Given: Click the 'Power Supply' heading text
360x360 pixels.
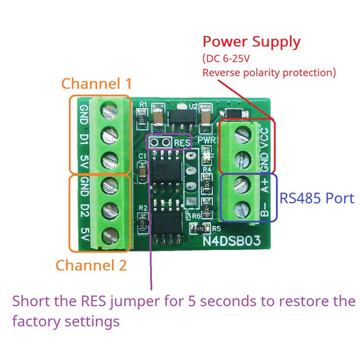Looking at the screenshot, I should [x=251, y=42].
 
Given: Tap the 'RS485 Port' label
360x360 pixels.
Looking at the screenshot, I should [x=317, y=199].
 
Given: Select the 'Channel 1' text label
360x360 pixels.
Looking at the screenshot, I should [x=97, y=84].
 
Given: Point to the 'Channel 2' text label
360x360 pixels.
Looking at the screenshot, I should [x=91, y=265].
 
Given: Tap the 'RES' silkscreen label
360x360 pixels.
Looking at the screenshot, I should [x=182, y=143].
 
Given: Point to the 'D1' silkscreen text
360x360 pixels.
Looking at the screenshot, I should [x=84, y=137].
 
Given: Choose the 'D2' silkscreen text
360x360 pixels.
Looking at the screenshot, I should [x=84, y=209].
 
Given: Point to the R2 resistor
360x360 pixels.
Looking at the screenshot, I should [x=143, y=218].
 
